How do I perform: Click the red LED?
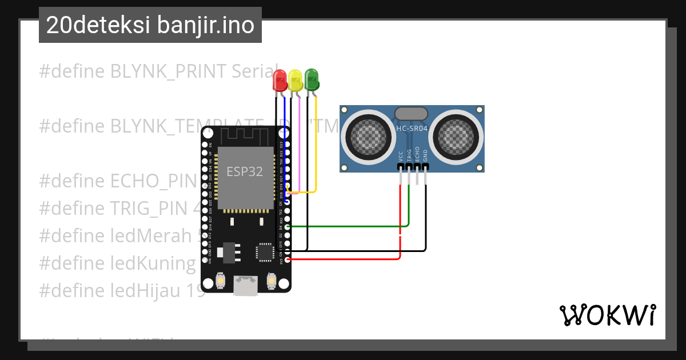(280, 79)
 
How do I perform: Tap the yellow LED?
(295, 79)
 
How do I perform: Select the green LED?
(312, 79)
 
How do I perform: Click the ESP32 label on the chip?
(244, 171)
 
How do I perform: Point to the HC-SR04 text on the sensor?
(412, 129)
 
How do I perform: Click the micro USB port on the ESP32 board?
(246, 286)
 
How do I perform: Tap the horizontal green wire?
(343, 226)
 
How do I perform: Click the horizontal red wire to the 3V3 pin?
(343, 259)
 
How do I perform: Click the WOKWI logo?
(607, 315)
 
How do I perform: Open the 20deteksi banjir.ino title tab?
(150, 25)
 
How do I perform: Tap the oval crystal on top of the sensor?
(411, 114)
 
